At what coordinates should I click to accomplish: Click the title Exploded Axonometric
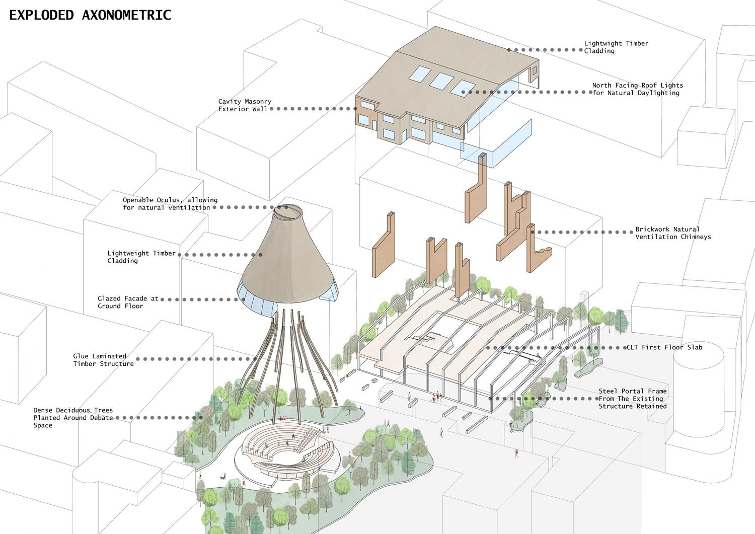[90, 15]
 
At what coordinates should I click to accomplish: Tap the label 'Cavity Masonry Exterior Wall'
[245, 105]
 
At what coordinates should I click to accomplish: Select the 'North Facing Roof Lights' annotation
[637, 89]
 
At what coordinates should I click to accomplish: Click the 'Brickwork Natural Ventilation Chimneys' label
[673, 233]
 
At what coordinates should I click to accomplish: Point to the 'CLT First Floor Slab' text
[664, 347]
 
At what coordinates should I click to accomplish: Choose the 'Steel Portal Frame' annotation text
[633, 399]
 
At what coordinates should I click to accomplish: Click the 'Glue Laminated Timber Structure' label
[103, 360]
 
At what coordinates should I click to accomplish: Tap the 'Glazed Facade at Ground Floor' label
[128, 302]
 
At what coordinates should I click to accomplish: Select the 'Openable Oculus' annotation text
[170, 203]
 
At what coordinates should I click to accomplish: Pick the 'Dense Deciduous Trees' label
[73, 418]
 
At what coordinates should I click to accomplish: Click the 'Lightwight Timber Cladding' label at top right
[616, 47]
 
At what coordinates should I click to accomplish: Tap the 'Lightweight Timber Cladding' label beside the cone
[141, 257]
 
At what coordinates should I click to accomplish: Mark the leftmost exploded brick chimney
[384, 245]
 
